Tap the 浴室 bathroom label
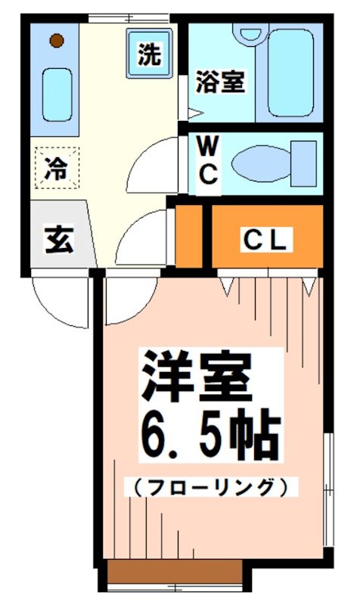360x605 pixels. [220, 82]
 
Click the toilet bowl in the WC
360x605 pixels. [258, 162]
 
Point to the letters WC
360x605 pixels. [208, 160]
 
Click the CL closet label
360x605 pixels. [265, 240]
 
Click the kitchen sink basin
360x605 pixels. [55, 92]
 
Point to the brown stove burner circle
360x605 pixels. [55, 40]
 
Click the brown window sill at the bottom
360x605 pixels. [173, 572]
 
